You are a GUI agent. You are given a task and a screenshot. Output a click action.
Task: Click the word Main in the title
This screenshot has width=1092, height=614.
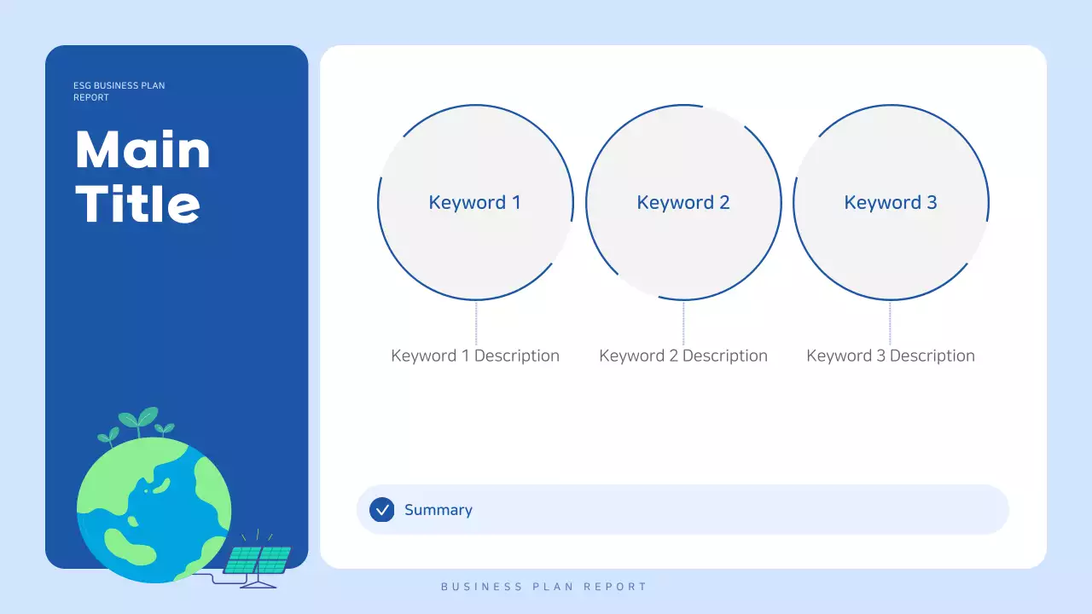(142, 150)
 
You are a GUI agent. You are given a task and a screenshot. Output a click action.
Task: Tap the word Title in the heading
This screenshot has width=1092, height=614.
(138, 204)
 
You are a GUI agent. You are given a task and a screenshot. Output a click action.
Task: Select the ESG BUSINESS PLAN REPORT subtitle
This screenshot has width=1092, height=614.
(119, 91)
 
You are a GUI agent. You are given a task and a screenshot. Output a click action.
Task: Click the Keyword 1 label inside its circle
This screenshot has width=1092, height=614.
(474, 203)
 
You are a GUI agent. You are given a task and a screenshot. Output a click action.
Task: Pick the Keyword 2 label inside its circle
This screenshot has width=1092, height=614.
(683, 203)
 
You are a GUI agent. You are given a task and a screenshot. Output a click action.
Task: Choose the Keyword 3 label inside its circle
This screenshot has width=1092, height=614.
(891, 203)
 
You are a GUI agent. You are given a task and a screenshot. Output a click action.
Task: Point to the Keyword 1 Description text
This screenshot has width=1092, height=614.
(475, 356)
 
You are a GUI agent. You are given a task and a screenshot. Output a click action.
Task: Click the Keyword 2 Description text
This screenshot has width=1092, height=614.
(683, 356)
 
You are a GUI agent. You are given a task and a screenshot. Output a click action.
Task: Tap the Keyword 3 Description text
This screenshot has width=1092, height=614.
(891, 356)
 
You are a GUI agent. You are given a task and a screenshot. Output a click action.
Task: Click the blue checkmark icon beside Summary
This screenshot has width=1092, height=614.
(382, 510)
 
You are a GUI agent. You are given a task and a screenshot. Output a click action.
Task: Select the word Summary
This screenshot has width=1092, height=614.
(439, 510)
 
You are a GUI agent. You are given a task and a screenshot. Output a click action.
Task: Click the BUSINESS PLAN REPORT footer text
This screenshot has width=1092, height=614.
(544, 587)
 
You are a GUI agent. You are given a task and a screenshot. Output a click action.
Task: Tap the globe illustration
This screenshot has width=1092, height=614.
(154, 510)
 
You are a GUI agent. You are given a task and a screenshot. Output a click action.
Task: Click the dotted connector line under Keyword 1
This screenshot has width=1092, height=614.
(476, 322)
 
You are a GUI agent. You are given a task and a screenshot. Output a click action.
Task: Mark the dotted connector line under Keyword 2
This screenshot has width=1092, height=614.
(683, 322)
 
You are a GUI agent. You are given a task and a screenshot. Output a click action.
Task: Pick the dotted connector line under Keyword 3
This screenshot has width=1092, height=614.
(890, 322)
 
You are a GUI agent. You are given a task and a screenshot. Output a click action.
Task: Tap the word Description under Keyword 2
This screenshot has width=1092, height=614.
(725, 356)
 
